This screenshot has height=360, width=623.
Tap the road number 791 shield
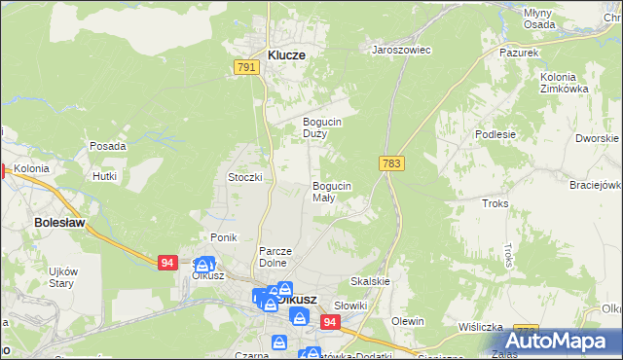246,67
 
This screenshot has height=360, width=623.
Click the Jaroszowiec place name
402,49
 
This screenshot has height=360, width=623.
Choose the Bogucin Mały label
331,191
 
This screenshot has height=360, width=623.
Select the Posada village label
107,146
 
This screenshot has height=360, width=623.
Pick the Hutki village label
104,176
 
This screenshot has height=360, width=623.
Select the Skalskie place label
369,281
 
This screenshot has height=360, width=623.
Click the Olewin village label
408,321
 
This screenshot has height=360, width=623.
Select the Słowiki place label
350,306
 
